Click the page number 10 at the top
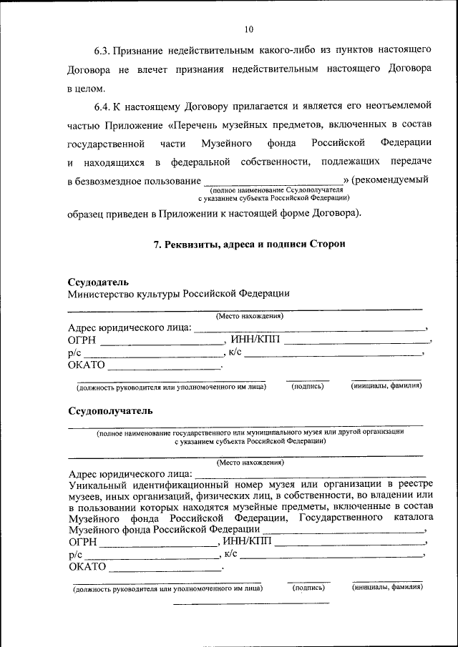(x=248, y=29)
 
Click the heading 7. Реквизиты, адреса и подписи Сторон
(x=250, y=244)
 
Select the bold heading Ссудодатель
(x=98, y=282)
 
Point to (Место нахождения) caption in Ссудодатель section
(x=250, y=316)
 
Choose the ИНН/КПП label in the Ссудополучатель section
(x=248, y=540)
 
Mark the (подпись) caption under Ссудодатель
(x=308, y=386)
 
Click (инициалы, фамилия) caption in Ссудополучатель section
(x=387, y=588)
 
